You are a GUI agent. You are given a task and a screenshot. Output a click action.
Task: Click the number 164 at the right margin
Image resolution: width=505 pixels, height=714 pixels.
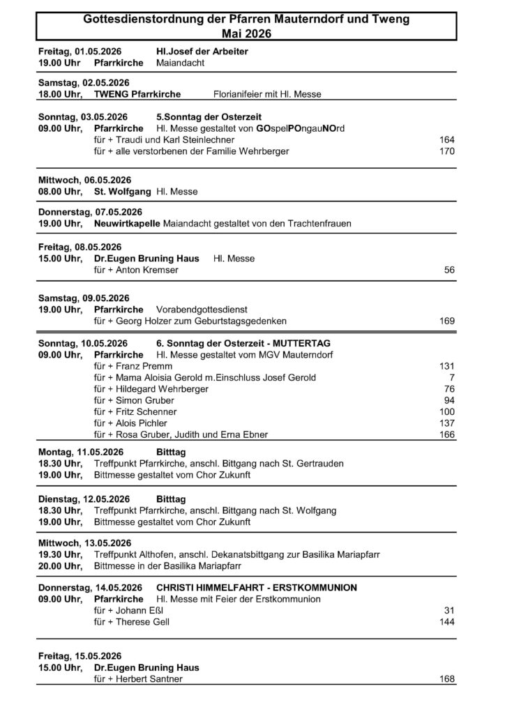(447, 140)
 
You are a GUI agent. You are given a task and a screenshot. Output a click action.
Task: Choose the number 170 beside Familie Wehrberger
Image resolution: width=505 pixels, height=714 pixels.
(447, 151)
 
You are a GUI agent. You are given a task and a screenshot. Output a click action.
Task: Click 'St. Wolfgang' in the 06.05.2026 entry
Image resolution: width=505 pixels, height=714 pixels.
(122, 191)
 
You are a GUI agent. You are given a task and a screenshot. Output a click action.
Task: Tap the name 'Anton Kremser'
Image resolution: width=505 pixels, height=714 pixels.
(138, 270)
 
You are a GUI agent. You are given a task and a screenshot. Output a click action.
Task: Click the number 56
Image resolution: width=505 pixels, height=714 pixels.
(450, 270)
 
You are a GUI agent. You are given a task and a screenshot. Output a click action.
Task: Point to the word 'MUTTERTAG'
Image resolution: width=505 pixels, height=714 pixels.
(302, 344)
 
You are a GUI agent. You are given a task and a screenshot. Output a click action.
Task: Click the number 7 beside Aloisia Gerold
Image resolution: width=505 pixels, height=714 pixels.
(452, 378)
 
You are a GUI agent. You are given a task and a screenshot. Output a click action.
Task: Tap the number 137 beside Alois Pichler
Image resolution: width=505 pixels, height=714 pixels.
(447, 423)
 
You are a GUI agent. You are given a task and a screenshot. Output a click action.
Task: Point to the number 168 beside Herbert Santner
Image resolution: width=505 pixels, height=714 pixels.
(447, 679)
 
